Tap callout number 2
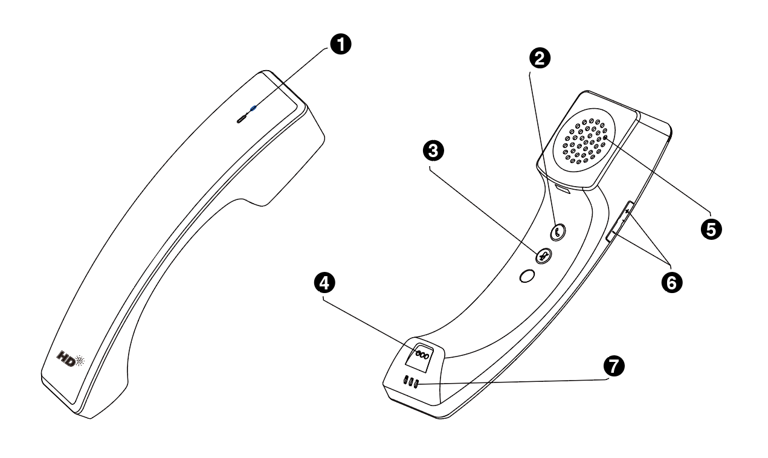point(539,58)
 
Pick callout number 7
point(615,366)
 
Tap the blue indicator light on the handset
point(253,110)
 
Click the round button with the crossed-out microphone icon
point(542,256)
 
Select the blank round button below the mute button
point(527,276)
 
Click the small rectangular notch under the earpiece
point(563,190)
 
